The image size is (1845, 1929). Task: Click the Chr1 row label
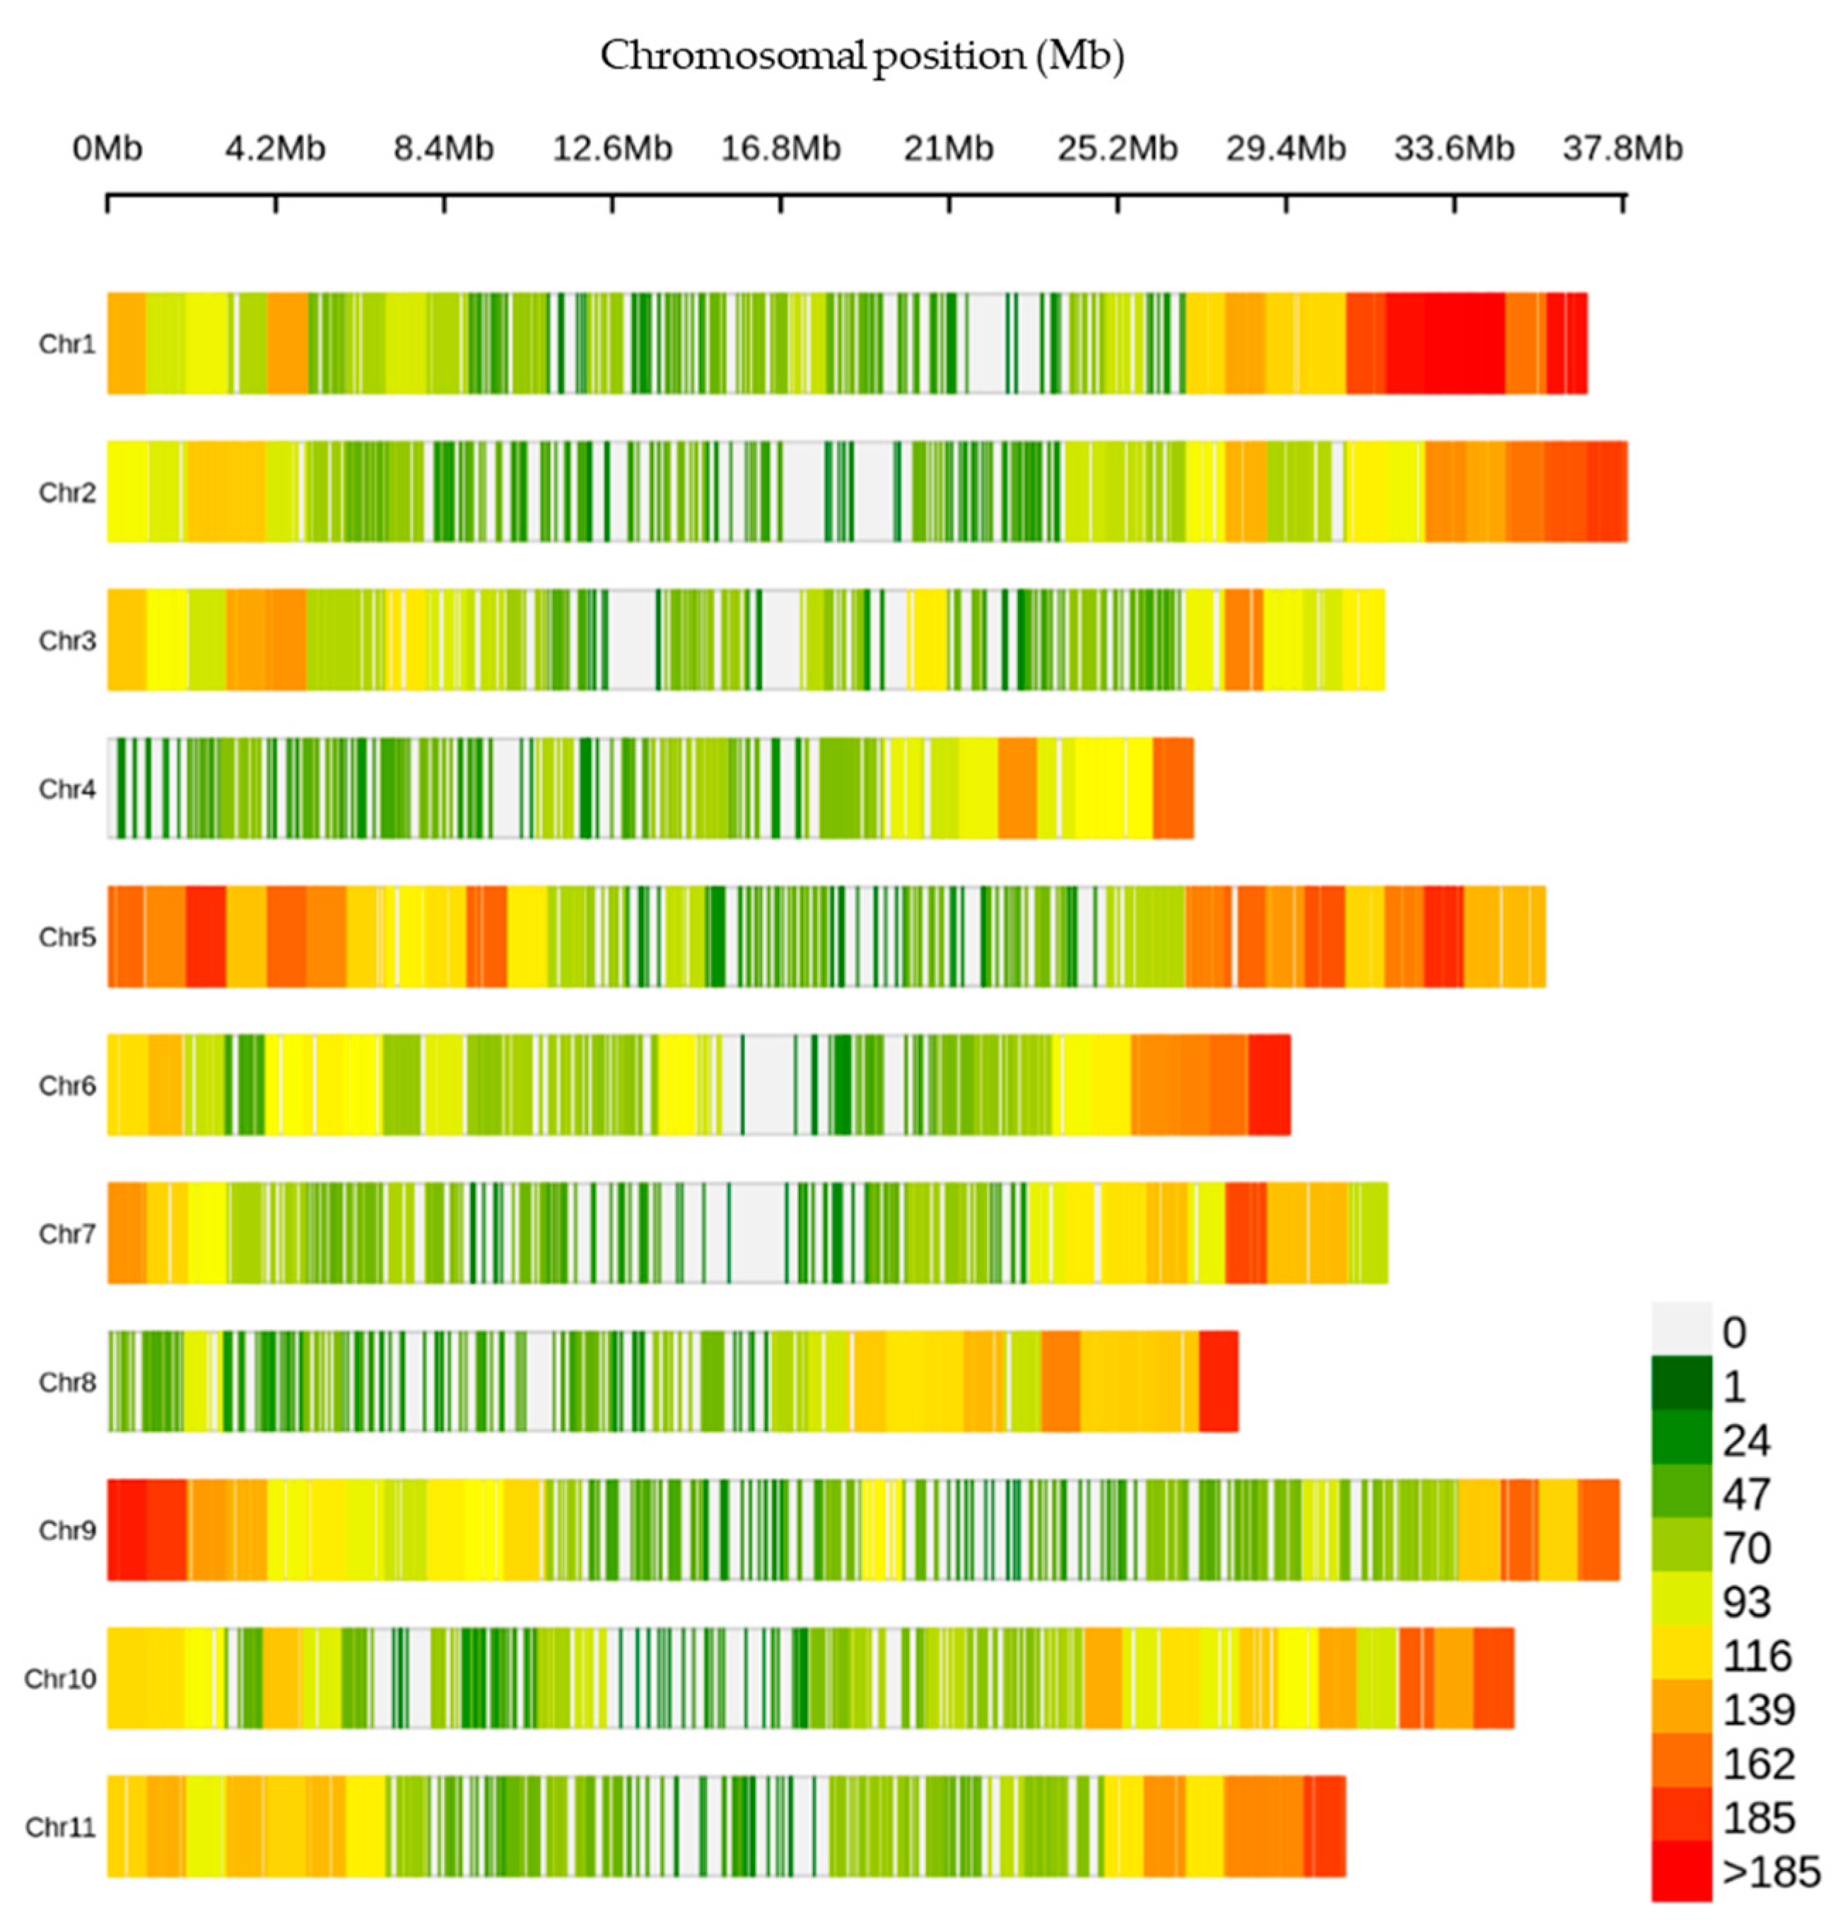click(67, 344)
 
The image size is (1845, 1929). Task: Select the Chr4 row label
click(67, 789)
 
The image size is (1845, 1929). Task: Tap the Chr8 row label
click(67, 1382)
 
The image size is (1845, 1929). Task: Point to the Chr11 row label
click(60, 1826)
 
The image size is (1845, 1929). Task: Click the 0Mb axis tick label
click(107, 148)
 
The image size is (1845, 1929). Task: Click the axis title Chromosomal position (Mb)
click(862, 56)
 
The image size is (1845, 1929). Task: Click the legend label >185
click(1770, 1872)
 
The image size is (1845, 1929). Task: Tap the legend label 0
click(1734, 1333)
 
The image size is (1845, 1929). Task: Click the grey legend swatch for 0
click(1681, 1330)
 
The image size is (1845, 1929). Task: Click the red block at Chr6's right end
click(1269, 1084)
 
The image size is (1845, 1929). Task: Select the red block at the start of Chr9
click(146, 1529)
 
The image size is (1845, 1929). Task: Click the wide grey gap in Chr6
click(768, 1084)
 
